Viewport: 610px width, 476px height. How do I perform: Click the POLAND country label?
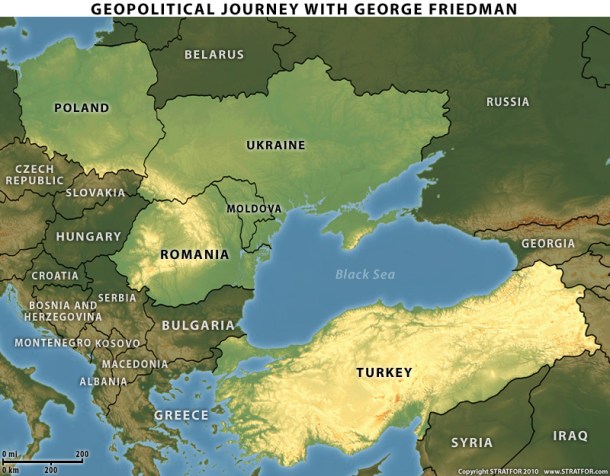click(82, 107)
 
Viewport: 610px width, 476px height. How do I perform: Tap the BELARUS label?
click(216, 55)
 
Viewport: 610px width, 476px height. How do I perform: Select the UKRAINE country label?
click(275, 146)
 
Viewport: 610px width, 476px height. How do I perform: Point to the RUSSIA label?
click(508, 102)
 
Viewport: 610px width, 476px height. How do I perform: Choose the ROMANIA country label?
click(194, 255)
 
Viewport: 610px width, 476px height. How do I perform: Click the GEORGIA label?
click(548, 244)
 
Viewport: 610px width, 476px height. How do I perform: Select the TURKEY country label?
click(384, 373)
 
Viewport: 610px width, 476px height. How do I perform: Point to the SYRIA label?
click(472, 441)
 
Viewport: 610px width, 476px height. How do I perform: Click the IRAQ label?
click(571, 436)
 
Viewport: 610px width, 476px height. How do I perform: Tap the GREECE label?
click(181, 415)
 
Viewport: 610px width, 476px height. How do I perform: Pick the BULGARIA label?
click(198, 326)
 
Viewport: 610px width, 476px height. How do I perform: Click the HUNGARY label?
click(88, 237)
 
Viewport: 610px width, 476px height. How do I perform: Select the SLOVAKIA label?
click(96, 192)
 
